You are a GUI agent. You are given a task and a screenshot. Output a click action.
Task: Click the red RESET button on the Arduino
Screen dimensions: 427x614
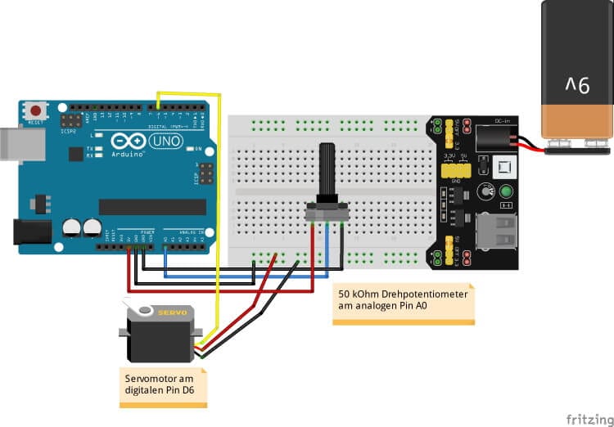tap(35, 110)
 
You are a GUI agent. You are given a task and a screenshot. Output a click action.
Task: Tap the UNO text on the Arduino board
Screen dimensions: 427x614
tap(157, 141)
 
